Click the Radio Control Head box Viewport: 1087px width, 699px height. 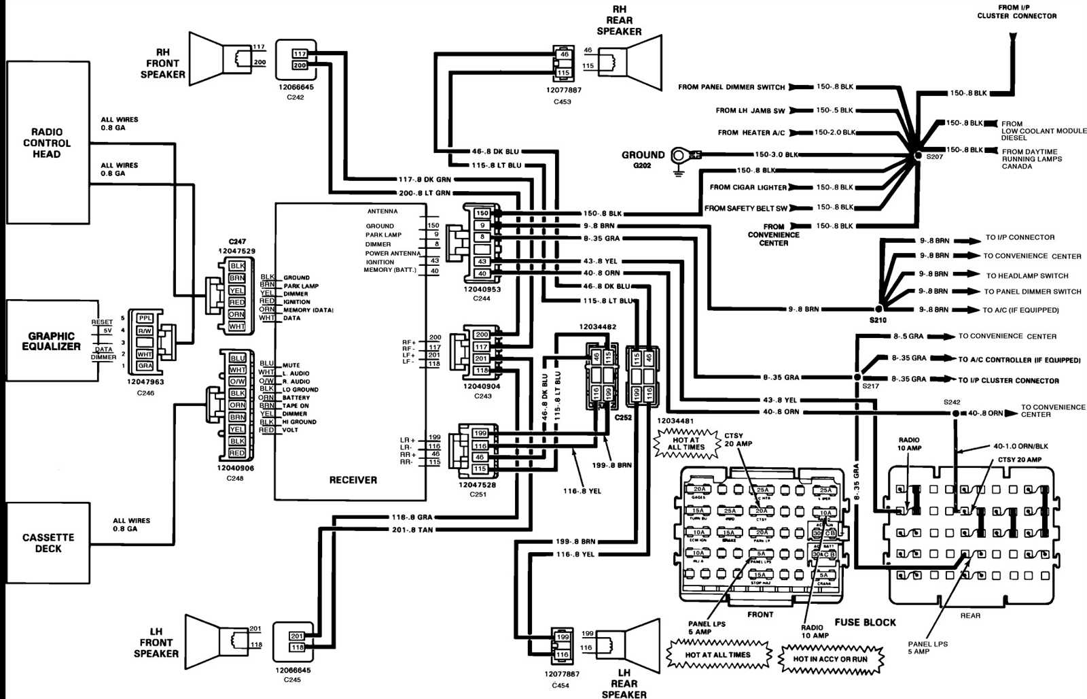pyautogui.click(x=48, y=143)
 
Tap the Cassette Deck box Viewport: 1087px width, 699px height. pyautogui.click(x=48, y=543)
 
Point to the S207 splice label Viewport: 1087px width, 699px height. pyautogui.click(x=935, y=157)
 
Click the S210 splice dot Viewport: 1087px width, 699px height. pyautogui.click(x=878, y=309)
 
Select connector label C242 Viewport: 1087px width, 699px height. pyautogui.click(x=295, y=97)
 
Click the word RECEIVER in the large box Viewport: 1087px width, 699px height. pyautogui.click(x=353, y=480)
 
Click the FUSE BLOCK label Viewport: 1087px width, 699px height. pyautogui.click(x=865, y=622)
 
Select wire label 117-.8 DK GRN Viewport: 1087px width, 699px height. pyautogui.click(x=424, y=180)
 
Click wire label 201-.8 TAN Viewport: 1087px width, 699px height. pyautogui.click(x=412, y=530)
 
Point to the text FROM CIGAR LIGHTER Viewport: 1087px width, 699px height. pyautogui.click(x=748, y=187)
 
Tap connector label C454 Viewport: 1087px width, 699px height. pyautogui.click(x=560, y=685)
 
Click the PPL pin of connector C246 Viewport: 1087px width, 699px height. pyautogui.click(x=145, y=318)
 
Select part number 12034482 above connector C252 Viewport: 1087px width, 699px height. pyautogui.click(x=597, y=327)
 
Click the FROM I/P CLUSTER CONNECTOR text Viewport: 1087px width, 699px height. pyautogui.click(x=1016, y=12)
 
